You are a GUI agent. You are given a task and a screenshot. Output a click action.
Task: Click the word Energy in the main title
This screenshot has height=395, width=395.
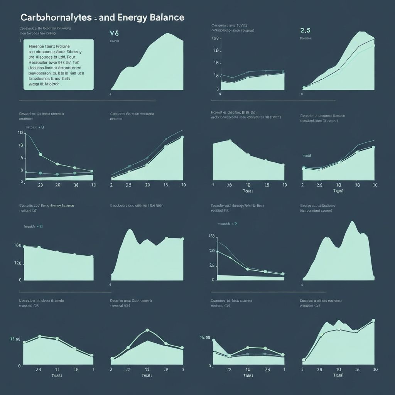(x=134, y=18)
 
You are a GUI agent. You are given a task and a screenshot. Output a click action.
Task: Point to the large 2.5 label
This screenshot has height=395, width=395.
(x=305, y=30)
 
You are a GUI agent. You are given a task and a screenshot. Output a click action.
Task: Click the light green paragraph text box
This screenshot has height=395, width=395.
(x=58, y=64)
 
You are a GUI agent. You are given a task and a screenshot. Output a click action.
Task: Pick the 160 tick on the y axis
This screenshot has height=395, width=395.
(x=17, y=245)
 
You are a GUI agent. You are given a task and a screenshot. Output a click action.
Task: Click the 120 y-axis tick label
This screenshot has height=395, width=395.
(x=17, y=264)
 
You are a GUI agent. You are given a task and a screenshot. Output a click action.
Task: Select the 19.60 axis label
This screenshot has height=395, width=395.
(x=205, y=337)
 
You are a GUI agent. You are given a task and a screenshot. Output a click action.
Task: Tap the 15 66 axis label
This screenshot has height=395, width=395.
(x=15, y=339)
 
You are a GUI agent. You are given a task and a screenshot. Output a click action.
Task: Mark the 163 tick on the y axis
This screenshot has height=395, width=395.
(x=211, y=236)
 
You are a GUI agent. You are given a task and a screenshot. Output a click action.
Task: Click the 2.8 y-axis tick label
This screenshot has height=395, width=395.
(x=212, y=265)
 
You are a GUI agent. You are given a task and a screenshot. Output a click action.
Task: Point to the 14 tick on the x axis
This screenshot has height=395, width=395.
(x=76, y=185)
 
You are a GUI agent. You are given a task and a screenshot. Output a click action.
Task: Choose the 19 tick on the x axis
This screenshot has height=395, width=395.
(x=267, y=185)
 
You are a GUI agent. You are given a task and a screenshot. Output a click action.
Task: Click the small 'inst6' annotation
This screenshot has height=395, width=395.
(x=307, y=155)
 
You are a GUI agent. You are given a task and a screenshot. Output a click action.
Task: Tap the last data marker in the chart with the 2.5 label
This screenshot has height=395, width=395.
(x=373, y=46)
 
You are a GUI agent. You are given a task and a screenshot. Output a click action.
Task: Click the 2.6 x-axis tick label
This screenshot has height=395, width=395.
(x=319, y=185)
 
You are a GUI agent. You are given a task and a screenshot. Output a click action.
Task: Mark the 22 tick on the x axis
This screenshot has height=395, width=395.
(x=128, y=369)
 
